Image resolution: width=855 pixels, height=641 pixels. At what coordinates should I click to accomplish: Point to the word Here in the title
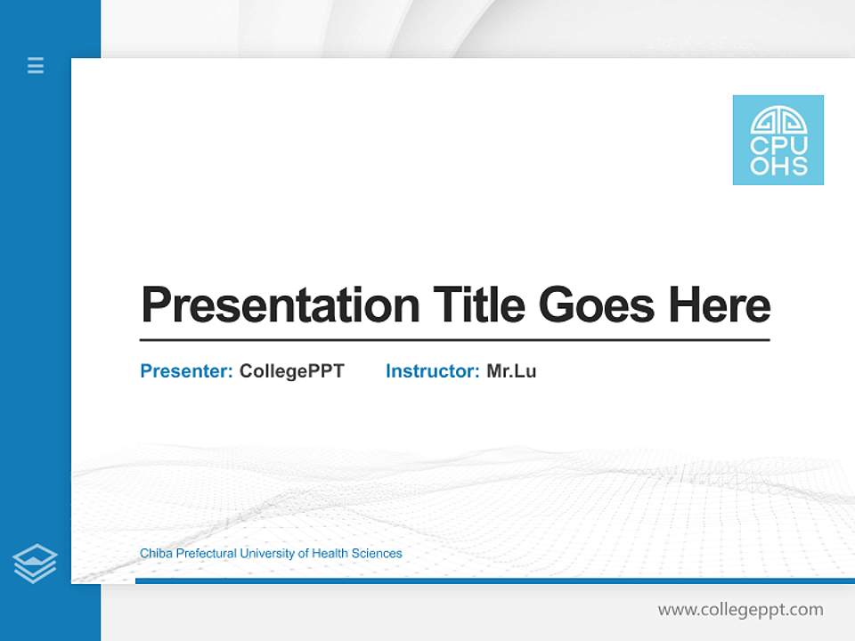(x=719, y=305)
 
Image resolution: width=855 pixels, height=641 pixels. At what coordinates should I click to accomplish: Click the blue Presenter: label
(x=186, y=371)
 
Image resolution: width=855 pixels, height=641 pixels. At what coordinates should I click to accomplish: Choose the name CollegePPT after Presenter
(x=291, y=371)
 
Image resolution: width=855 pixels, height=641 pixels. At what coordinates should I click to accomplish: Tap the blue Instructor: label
(x=432, y=371)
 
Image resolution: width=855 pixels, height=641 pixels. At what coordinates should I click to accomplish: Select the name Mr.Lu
(x=511, y=371)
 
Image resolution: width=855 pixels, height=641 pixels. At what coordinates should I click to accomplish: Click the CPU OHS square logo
(x=778, y=140)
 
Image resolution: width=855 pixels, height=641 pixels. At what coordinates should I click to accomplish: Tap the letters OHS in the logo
(x=778, y=166)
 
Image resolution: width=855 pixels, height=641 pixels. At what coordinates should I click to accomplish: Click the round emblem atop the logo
(x=778, y=120)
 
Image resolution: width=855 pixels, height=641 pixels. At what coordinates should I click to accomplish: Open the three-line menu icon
(x=36, y=65)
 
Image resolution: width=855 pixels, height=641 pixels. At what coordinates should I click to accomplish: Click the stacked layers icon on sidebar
(x=35, y=564)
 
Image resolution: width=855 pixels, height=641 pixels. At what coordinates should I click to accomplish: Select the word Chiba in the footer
(x=156, y=554)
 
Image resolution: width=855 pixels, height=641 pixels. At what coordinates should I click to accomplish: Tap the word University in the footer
(x=267, y=554)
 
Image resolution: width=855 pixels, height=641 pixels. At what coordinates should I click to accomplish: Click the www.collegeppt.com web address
(x=740, y=610)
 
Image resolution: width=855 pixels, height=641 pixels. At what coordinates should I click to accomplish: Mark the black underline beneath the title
(x=454, y=339)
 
